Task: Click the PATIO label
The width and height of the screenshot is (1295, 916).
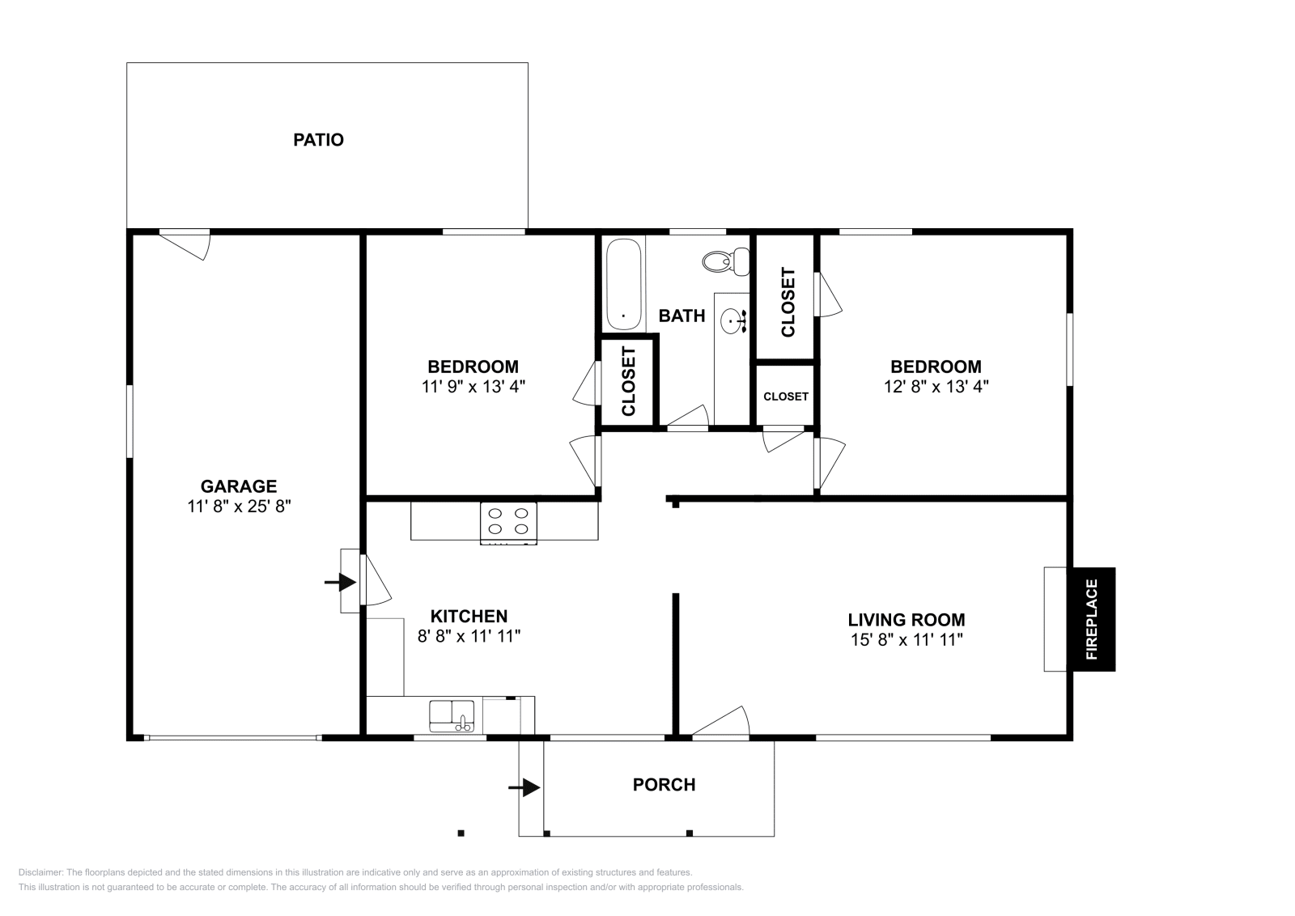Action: [318, 140]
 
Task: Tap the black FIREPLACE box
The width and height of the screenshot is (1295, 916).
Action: [1091, 619]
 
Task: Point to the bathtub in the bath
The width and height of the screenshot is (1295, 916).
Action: [623, 282]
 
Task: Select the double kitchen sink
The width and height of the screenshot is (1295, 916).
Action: [452, 715]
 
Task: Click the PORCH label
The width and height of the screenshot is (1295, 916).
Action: [664, 785]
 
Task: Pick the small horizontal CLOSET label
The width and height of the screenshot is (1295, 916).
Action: [785, 397]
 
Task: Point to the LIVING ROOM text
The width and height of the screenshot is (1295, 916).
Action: [906, 620]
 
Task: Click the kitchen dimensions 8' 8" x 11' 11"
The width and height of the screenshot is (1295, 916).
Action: [468, 636]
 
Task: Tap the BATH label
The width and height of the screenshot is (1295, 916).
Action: [681, 316]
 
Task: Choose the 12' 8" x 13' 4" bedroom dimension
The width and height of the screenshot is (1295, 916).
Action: [936, 387]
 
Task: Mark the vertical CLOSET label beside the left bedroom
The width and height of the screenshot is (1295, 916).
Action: [629, 381]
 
